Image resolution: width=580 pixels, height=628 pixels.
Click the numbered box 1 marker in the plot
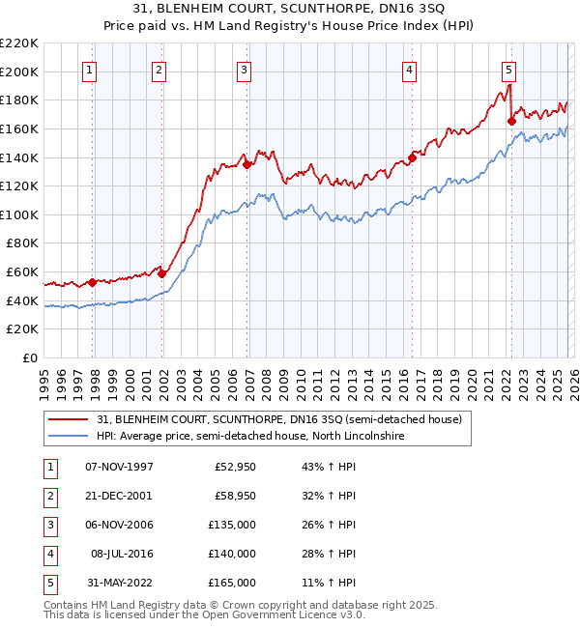[x=89, y=69]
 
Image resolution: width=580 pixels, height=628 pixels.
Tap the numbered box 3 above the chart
[x=244, y=69]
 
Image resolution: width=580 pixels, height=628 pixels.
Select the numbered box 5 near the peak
[x=508, y=69]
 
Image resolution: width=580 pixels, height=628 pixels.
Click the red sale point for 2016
[x=412, y=157]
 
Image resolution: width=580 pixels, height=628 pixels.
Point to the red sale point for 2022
[x=511, y=121]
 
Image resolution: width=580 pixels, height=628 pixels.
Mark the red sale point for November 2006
[x=246, y=164]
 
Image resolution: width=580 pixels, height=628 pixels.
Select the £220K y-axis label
[x=20, y=43]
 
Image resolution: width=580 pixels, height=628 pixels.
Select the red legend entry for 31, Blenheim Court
[x=280, y=419]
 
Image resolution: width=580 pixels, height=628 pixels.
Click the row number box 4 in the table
[x=47, y=554]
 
